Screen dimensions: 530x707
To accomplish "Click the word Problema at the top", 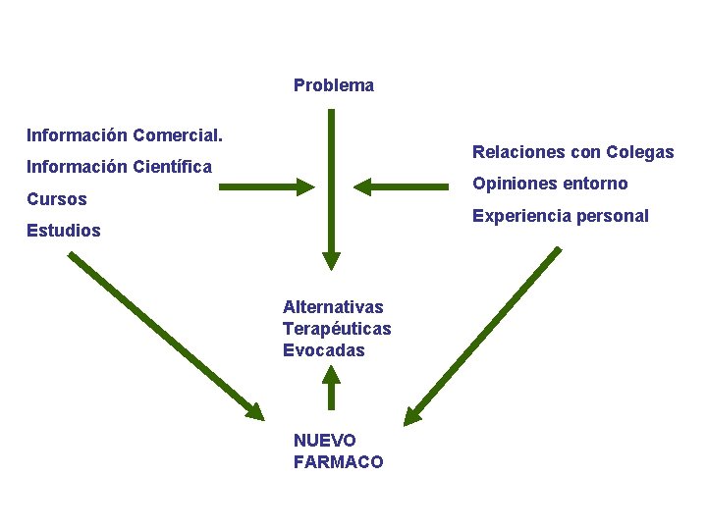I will [333, 85].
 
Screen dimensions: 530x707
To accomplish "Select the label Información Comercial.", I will [125, 133].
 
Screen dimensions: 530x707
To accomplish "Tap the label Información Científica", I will [119, 167].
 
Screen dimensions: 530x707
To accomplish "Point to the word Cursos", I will [57, 199].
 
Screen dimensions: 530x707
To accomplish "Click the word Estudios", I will [64, 232].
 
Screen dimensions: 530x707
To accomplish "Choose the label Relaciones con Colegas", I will [572, 152].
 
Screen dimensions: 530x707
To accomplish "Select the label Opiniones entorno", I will [550, 184].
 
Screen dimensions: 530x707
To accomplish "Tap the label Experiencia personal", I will [560, 216].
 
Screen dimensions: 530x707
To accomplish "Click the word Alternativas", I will [333, 307].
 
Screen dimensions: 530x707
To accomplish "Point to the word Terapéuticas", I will [337, 329].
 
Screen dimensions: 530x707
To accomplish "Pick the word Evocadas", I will [323, 350].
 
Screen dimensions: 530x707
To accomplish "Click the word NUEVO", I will [325, 441].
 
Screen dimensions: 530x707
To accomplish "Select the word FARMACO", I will [338, 462].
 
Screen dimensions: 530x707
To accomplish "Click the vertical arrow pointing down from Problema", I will [331, 186].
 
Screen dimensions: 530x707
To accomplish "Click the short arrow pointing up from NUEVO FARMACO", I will [331, 387].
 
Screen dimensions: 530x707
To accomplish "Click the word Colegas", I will [640, 152].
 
